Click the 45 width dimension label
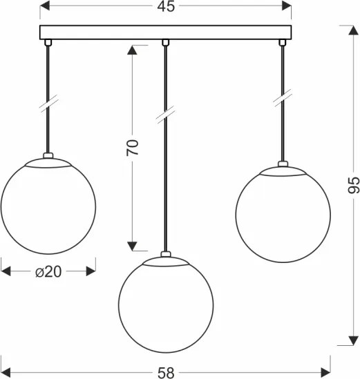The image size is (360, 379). pos(166,6)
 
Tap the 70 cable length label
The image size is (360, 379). pos(133,148)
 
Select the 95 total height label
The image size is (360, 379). pos(354,185)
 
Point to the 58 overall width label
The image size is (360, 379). pos(166,373)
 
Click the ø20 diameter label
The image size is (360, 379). pos(48,272)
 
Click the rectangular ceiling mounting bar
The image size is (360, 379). pos(165,32)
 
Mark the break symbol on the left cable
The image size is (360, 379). pos(49,104)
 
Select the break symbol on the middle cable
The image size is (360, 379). pos(166,115)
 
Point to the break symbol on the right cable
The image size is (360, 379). pos(283,98)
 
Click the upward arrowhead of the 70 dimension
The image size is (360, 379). pos(133,50)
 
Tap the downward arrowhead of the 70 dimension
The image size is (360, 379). pos(133,246)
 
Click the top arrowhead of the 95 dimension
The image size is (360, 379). pos(354,30)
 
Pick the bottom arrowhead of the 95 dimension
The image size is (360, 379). pos(354,340)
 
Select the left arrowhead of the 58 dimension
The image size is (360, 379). pos(6,373)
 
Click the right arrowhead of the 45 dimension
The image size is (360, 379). pos(287,6)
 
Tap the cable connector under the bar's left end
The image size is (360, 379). pos(48,42)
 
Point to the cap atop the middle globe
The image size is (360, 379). pos(166,254)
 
